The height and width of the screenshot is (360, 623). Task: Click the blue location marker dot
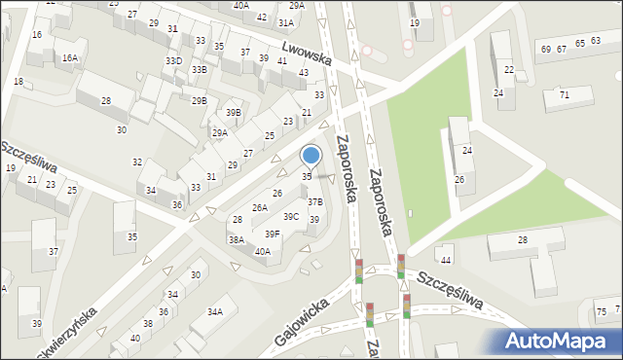coord(311,155)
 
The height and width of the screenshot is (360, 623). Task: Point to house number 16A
coord(70,57)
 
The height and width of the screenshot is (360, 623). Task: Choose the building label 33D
coord(173,61)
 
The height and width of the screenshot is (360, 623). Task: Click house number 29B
coord(199,100)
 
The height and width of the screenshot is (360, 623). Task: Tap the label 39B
coord(234,112)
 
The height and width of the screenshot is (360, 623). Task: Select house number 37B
coord(314,201)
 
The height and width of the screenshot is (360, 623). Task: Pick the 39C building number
coord(291,216)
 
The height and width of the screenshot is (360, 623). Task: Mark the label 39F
coord(273,234)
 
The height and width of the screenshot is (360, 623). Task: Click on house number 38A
coord(236,238)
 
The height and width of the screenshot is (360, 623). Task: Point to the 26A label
coord(260,207)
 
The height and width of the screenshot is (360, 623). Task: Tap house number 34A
coord(214,311)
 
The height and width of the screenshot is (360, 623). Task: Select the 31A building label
coord(285,21)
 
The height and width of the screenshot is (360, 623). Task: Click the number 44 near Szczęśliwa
coord(446,260)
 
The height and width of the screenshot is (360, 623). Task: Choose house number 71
coord(564,94)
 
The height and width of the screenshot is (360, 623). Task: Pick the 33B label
coord(199,70)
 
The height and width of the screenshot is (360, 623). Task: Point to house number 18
coord(18,81)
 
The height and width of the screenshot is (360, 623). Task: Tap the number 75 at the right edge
coord(601,310)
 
